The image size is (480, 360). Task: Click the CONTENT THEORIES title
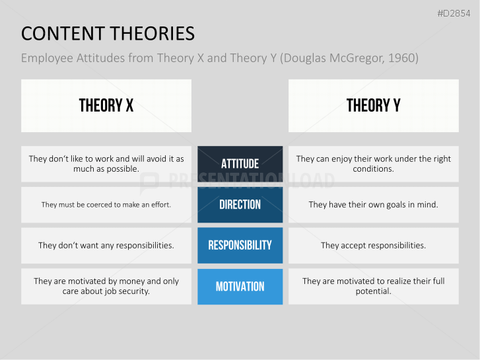tap(108, 34)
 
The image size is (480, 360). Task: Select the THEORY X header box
tap(106, 106)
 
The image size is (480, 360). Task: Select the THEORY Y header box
tap(373, 106)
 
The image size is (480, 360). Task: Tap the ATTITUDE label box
tap(240, 164)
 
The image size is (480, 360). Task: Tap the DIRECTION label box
tap(240, 205)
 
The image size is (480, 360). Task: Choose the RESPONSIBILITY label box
tap(240, 245)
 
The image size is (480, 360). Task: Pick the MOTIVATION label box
tap(240, 287)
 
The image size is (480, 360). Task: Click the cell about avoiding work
tap(106, 164)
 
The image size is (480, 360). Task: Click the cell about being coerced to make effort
tap(106, 205)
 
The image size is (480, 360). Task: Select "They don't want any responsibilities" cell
tap(106, 245)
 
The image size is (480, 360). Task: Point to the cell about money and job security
tap(106, 286)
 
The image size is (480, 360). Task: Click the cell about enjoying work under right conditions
tap(373, 164)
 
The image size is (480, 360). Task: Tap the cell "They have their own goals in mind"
tap(373, 205)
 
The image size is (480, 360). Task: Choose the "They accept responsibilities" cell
tap(373, 245)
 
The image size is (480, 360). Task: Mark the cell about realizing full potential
tap(373, 286)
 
